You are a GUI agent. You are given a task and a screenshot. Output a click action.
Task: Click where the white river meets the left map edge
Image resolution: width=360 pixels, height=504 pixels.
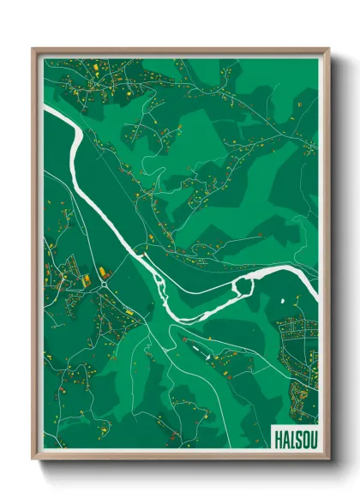click(45, 109)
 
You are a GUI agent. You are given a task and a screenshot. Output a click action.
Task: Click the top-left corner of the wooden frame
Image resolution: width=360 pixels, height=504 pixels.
click(33, 49)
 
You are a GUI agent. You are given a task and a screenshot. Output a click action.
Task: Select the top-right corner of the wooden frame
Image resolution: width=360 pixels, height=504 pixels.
click(329, 49)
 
